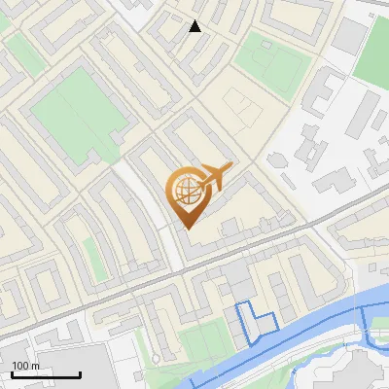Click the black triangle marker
195,26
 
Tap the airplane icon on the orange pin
215,178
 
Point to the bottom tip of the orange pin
186,227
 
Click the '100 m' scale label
26,366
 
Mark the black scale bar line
46,374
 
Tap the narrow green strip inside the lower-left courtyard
94,255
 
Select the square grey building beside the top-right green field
349,36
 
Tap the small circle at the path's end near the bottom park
154,357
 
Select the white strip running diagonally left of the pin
146,209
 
